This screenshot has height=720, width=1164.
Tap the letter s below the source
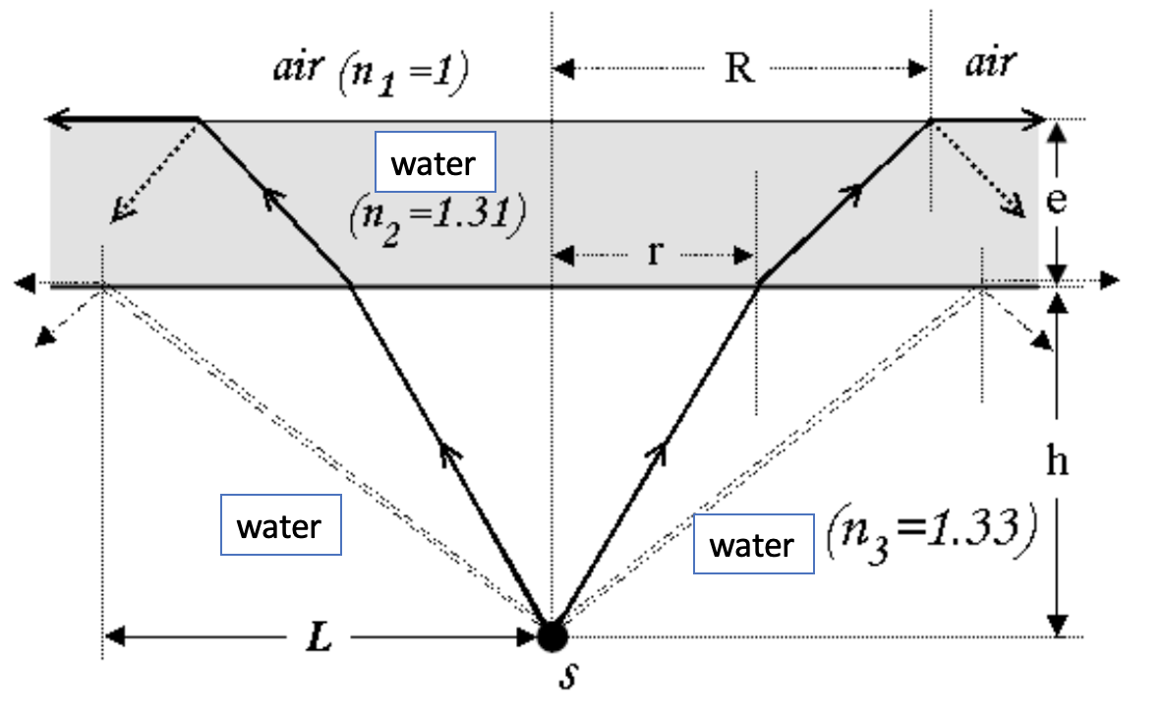(x=565, y=678)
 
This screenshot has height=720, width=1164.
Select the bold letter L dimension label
(x=319, y=638)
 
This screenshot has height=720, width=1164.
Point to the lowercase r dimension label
(x=653, y=254)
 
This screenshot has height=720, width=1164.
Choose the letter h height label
(x=1057, y=462)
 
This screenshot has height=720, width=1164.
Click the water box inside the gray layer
(x=435, y=162)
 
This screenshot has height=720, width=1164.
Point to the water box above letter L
(x=280, y=527)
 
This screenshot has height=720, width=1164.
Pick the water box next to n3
(x=752, y=544)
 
